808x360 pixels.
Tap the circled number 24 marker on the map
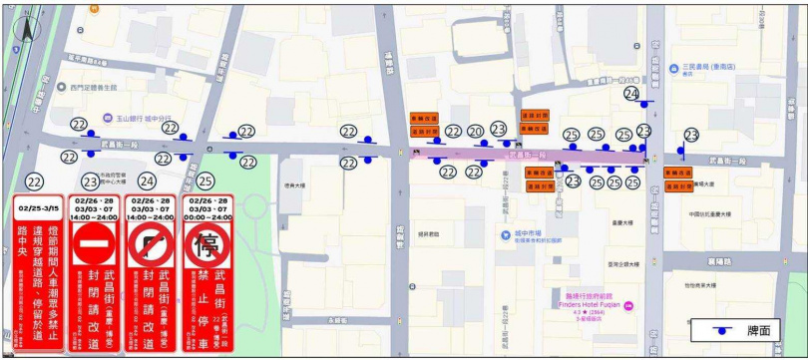pos(631,93)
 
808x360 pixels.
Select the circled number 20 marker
pos(476,132)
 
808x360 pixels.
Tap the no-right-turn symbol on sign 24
pos(148,246)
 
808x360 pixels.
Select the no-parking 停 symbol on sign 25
pos(205,246)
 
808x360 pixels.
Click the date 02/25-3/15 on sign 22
pos(37,208)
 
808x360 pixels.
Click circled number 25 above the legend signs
pos(204,181)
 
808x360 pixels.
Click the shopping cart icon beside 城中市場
pos(507,236)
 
